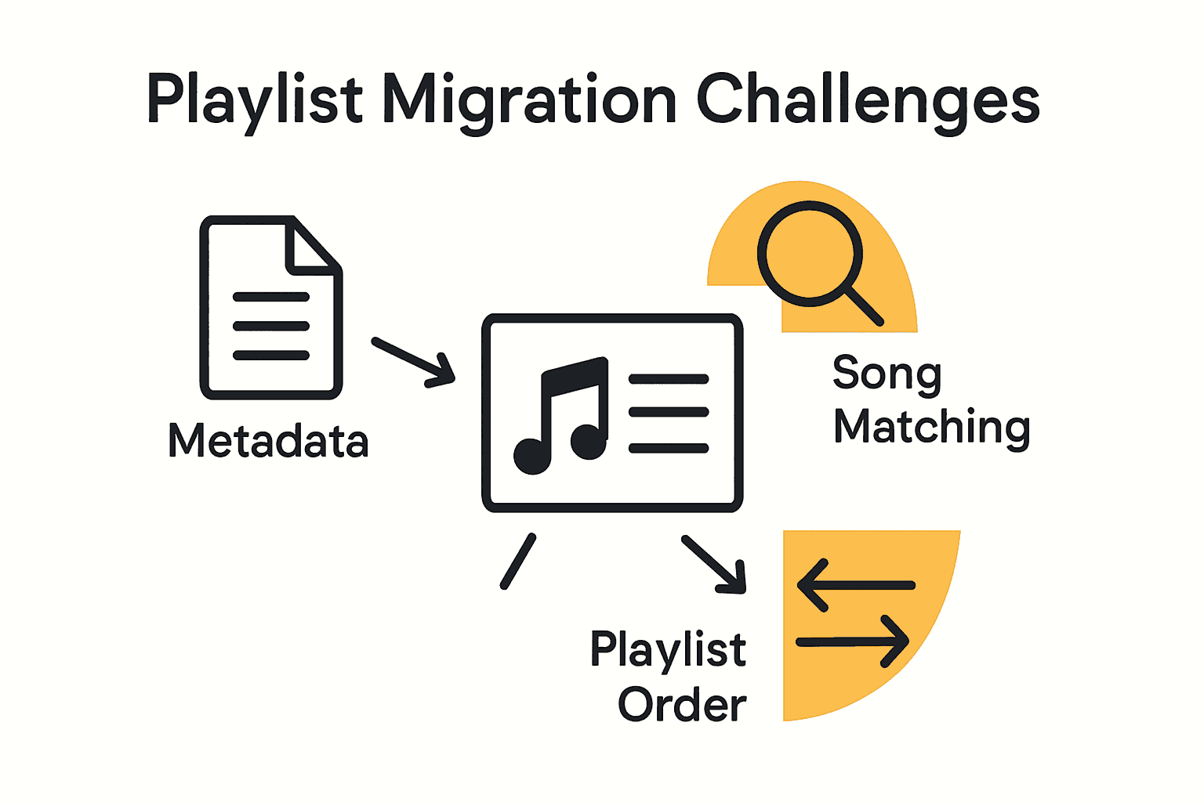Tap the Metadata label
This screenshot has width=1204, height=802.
pos(268,440)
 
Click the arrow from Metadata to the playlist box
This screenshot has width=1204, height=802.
pos(413,362)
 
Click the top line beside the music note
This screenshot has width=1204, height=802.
pos(669,379)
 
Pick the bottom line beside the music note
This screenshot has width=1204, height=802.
pos(669,448)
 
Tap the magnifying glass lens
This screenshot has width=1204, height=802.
pos(809,254)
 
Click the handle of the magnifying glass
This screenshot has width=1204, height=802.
pos(865,306)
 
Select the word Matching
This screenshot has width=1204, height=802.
pos(931,428)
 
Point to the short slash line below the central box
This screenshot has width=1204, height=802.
pos(518,562)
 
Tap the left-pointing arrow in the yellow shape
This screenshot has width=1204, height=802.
pos(855,585)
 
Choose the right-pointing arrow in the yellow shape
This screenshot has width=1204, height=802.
pos(853,642)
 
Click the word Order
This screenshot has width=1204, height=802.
pos(682,704)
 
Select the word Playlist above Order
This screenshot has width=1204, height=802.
pos(668,649)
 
